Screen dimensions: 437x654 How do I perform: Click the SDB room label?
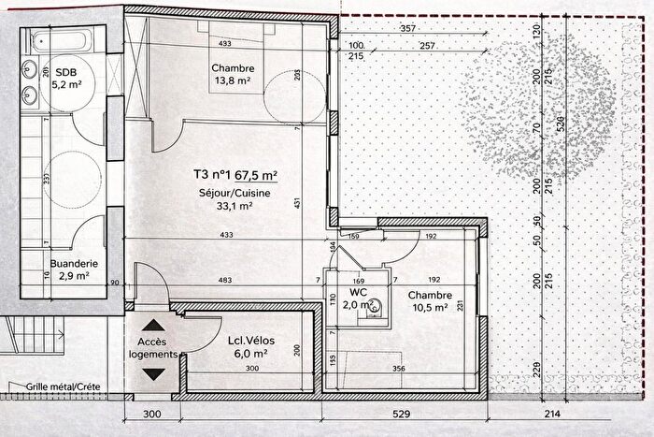66,72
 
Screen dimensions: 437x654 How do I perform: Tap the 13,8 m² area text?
231,81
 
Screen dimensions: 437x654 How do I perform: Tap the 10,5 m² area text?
427,306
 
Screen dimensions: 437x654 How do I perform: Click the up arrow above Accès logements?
154,328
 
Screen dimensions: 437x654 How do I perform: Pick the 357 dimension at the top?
407,29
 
